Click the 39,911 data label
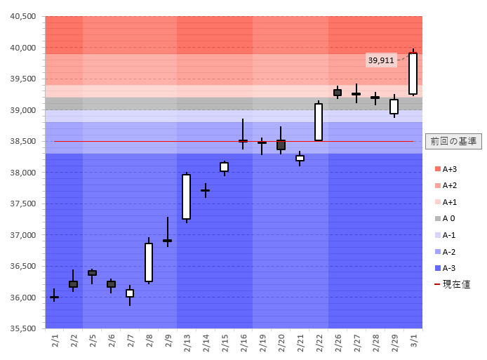(381, 60)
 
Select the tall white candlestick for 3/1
(413, 73)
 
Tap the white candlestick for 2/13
(187, 197)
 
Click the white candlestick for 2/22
(319, 122)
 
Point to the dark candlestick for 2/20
(281, 145)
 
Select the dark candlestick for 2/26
(338, 93)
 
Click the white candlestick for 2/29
(394, 106)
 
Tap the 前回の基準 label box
(453, 141)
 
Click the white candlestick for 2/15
(224, 167)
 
